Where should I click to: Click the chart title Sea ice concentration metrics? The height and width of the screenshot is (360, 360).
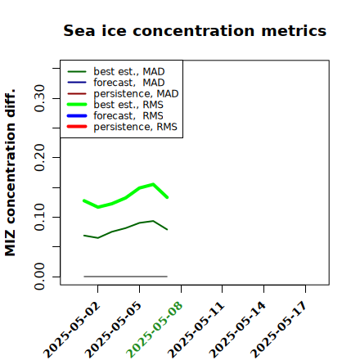click(195, 30)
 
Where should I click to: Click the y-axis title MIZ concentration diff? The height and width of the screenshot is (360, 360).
click(10, 173)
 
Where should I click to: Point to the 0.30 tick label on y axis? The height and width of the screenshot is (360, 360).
click(39, 98)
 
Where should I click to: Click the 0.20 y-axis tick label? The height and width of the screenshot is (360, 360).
click(39, 158)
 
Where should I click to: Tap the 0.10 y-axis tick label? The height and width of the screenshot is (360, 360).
click(39, 217)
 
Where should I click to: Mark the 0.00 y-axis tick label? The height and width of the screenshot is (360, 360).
click(39, 277)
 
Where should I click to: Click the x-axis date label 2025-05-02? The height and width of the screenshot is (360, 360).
click(72, 330)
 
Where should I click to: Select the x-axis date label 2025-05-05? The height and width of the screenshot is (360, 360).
click(114, 330)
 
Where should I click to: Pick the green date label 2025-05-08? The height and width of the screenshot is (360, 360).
click(155, 330)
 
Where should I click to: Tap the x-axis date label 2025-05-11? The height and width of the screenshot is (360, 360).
click(196, 330)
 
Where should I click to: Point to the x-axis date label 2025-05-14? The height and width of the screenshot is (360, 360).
click(238, 330)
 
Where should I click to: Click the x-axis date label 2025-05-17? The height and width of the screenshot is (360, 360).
click(279, 330)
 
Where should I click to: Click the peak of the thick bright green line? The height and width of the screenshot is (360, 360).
click(153, 184)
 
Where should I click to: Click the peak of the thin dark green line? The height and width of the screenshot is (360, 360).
click(153, 221)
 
